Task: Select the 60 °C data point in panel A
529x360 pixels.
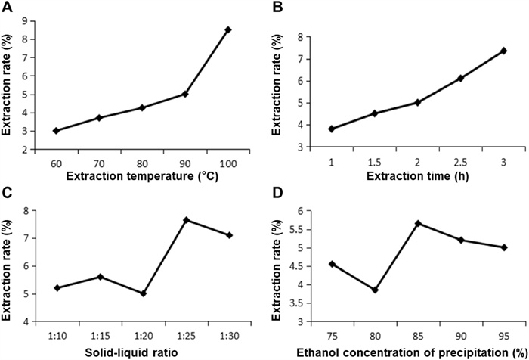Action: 56,130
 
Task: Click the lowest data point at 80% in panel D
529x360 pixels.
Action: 374,290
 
